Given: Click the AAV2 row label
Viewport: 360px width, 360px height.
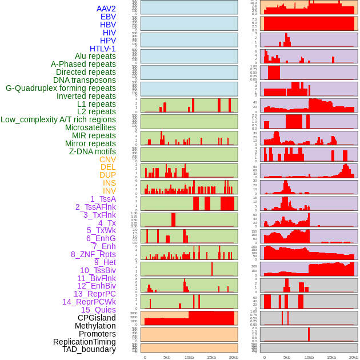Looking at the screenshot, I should tap(106, 9).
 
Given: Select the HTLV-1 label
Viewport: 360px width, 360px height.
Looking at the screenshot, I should tap(102, 49).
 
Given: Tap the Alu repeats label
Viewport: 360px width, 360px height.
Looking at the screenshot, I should tap(95, 57).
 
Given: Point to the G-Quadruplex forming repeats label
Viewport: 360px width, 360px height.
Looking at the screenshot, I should tap(61, 88).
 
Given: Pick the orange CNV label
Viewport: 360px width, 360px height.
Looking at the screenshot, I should tap(107, 159).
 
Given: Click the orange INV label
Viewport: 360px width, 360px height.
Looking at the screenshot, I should tap(109, 191).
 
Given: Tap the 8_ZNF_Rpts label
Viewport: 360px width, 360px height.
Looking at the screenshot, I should tap(93, 254).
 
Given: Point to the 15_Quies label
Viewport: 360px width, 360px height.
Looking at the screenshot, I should tap(98, 310).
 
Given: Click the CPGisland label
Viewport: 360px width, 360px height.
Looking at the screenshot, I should tap(97, 318).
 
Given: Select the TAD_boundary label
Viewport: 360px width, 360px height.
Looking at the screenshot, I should tap(89, 349).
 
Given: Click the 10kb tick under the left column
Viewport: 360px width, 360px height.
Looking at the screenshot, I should tap(189, 357).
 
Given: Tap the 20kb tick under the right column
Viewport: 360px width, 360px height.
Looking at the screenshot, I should tap(354, 357).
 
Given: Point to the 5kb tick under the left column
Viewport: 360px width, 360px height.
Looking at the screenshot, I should tap(167, 357).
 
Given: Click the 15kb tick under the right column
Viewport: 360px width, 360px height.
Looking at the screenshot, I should tap(331, 357).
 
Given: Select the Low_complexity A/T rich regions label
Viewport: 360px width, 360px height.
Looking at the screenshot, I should tap(58, 119).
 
